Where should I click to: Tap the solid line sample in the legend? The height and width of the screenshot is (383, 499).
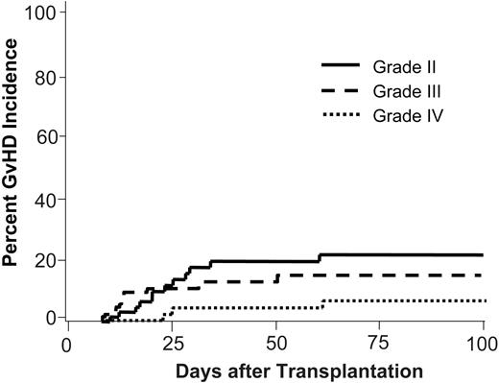[340, 65]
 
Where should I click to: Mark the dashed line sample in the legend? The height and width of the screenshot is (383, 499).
[340, 90]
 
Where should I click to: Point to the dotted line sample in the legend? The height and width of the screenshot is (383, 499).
[340, 115]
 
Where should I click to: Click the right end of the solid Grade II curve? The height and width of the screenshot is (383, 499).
[483, 254]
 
